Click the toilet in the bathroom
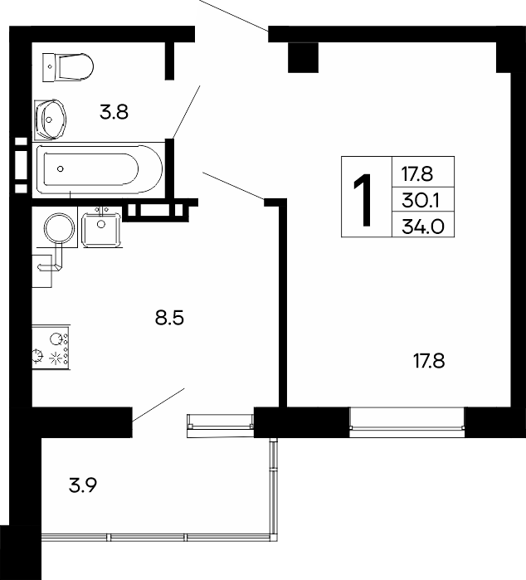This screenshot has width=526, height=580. coord(68,67)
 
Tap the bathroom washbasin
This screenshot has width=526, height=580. coord(51,119)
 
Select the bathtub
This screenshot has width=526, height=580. coord(99,169)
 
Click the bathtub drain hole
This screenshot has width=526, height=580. coord(61,169)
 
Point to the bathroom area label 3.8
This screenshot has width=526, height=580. coord(114,112)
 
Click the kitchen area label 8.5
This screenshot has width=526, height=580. coord(169,317)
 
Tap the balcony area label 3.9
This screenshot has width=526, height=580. coord(83,485)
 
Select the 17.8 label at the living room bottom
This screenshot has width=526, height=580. coord(429,361)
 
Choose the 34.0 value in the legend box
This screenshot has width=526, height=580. coord(423,226)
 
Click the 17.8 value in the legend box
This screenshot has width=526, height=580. coord(417,174)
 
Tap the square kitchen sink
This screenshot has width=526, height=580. coord(101,229)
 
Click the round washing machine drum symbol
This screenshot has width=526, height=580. coord(60,228)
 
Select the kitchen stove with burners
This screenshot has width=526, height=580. coord(51,347)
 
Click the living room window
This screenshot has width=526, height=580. coord(407,422)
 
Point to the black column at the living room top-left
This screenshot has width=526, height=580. coord(303,57)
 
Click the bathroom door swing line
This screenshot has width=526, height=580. coord(186,112)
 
